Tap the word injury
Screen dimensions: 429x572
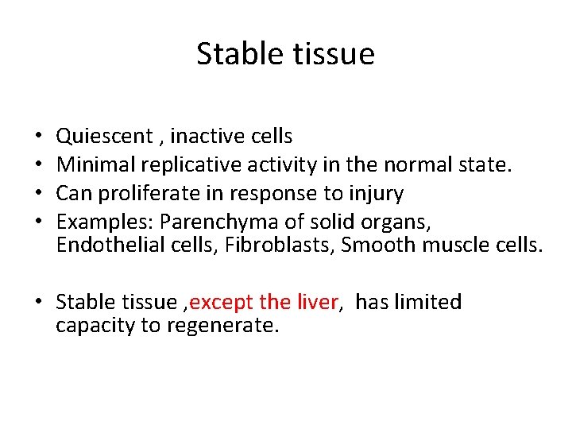click(x=375, y=193)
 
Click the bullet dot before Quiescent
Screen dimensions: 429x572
click(x=39, y=137)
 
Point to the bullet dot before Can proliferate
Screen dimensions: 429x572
click(x=39, y=193)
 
